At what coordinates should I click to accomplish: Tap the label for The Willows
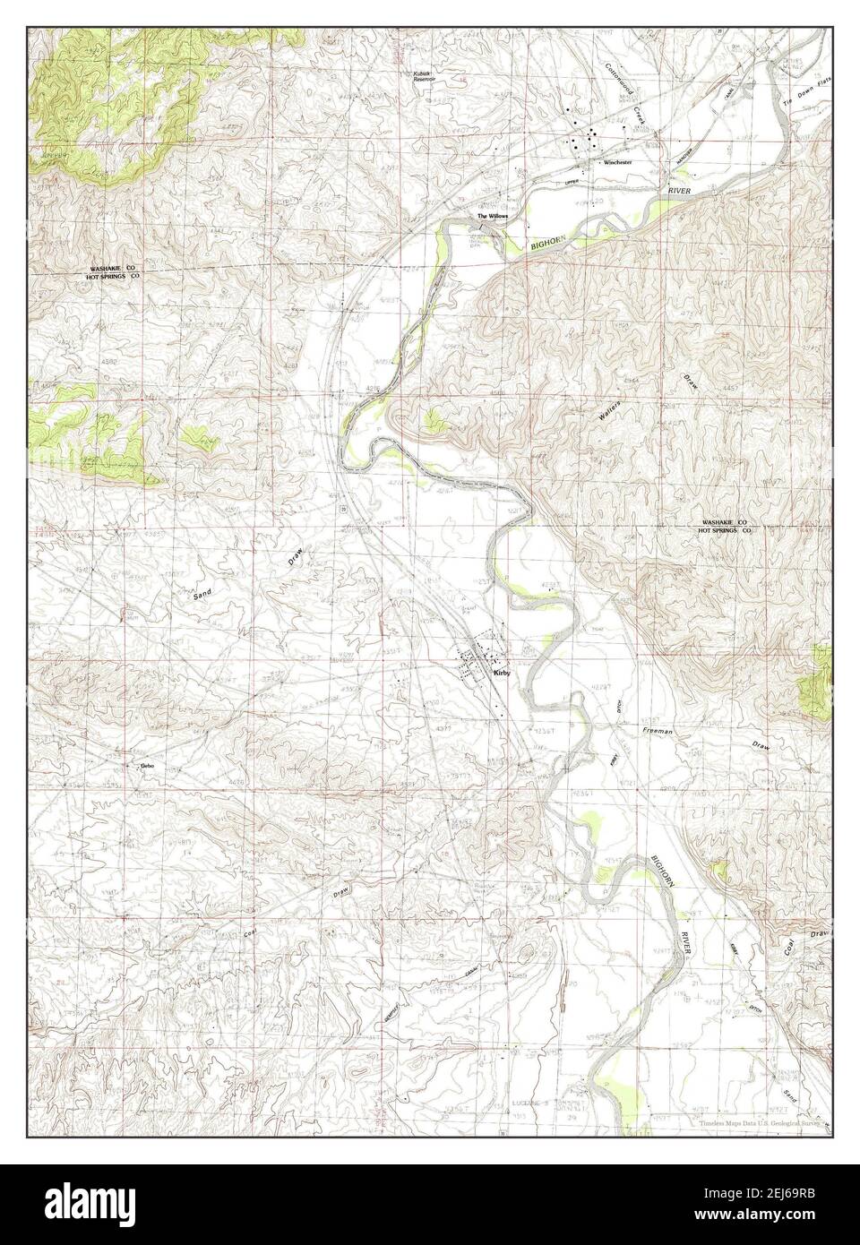tap(494, 217)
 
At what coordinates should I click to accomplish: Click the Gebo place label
tap(147, 766)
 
